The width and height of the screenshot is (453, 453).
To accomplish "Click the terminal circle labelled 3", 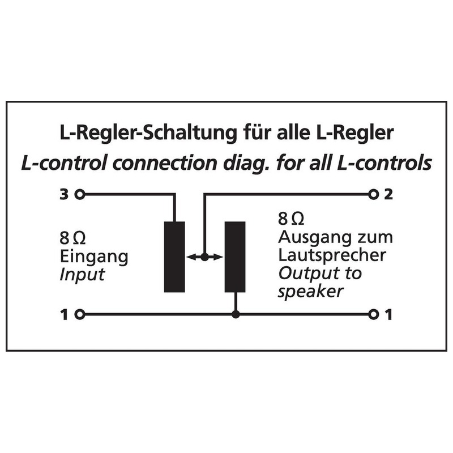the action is (80, 194).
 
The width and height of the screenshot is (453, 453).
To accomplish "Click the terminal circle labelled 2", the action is (373, 194).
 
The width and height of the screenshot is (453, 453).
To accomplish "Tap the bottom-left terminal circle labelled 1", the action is (80, 314).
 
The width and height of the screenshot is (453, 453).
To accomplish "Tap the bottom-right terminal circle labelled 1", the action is (373, 314).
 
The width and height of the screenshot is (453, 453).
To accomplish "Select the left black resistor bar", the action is (174, 257).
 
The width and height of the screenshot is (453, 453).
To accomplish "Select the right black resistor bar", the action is (235, 257).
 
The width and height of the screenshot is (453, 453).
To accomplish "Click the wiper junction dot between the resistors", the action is (204, 257).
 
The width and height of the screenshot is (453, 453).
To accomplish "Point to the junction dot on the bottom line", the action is (236, 314).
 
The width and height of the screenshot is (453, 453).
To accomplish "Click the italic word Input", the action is (82, 275).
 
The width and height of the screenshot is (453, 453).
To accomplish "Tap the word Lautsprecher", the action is (332, 255).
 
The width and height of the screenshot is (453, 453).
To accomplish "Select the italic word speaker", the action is (311, 292).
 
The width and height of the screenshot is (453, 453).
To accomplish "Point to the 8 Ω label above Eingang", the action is (72, 238).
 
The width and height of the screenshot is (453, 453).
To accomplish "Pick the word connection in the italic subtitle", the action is (164, 163).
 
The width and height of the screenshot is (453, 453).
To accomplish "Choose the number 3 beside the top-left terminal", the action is (64, 194).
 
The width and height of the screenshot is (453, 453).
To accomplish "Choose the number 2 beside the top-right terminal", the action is (388, 194).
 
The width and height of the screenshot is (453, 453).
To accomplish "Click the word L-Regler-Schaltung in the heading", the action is (148, 133).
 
